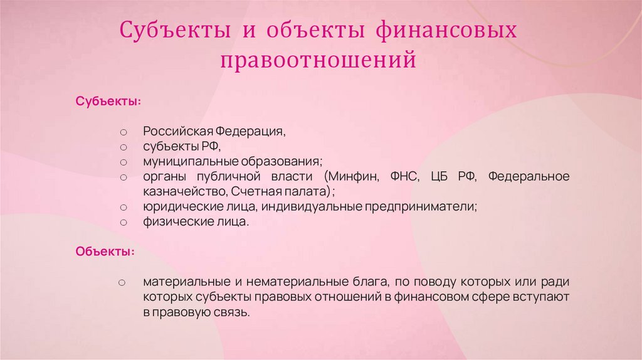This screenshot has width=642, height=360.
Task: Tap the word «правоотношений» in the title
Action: pyautogui.click(x=318, y=60)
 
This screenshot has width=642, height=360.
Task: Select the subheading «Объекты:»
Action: pyautogui.click(x=105, y=251)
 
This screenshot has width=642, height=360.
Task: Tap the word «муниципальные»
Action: pyautogui.click(x=179, y=162)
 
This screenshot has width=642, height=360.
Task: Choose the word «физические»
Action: pyautogui.click(x=171, y=221)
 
